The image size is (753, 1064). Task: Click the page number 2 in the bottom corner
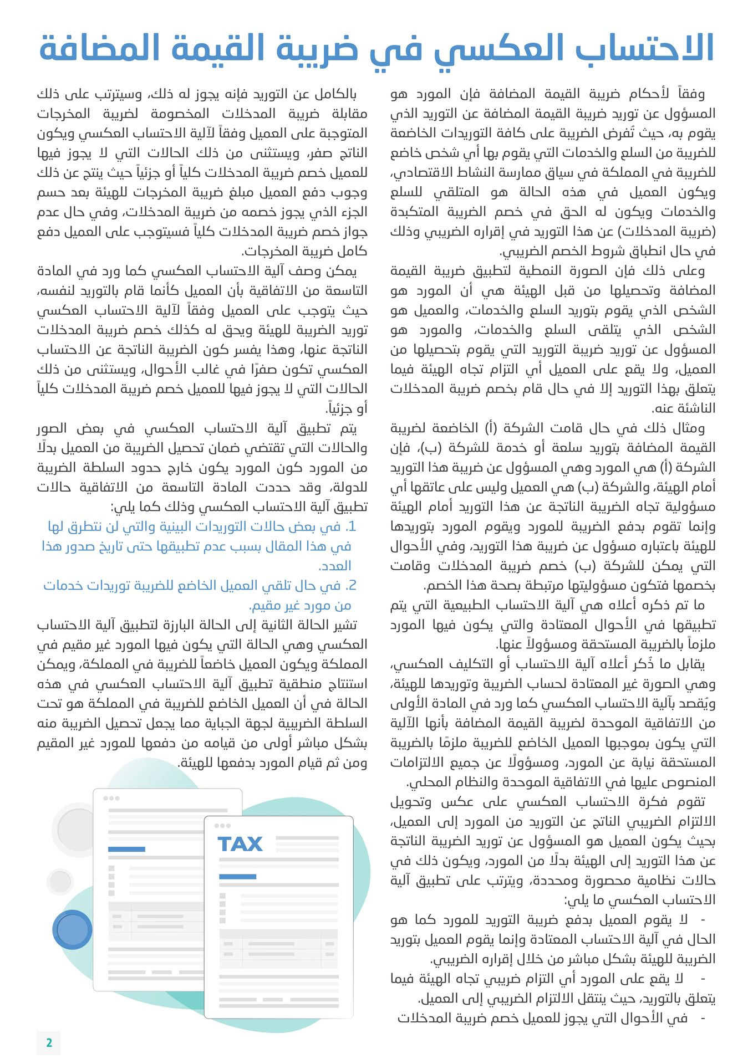[49, 1042]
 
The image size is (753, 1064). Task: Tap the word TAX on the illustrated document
[240, 844]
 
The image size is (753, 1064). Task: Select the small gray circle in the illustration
[60, 881]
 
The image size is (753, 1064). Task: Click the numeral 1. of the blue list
[350, 526]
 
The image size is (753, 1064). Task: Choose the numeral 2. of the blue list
[350, 586]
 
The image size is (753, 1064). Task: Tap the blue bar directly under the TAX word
[238, 876]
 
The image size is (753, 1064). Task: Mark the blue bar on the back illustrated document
[126, 849]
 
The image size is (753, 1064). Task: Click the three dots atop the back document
[111, 798]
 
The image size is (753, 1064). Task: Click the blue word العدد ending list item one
[335, 566]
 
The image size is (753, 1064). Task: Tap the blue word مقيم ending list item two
[261, 605]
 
